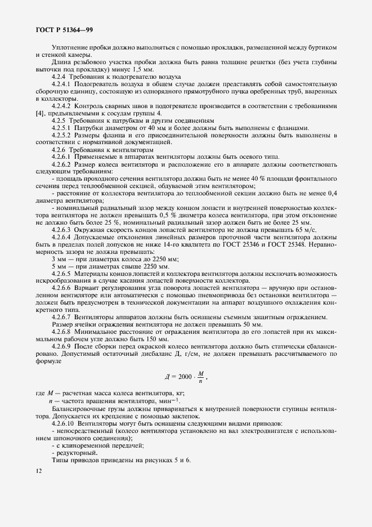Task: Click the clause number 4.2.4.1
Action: click(62, 83)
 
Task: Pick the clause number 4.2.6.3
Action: click(62, 231)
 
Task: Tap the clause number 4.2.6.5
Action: click(62, 271)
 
